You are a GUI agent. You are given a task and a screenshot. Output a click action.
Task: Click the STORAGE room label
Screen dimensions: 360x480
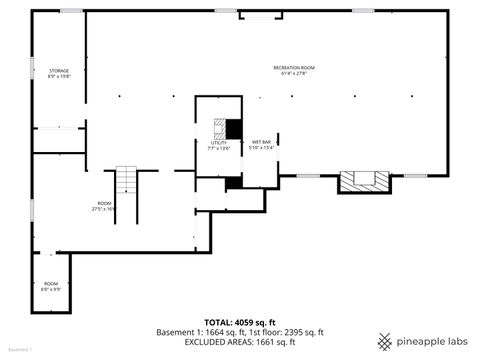click(x=60, y=70)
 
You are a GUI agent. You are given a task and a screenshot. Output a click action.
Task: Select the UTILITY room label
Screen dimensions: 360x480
click(x=219, y=143)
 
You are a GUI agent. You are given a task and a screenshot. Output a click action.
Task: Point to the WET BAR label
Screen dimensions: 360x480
click(x=261, y=142)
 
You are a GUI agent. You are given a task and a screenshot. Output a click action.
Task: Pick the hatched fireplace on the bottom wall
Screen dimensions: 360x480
click(x=361, y=181)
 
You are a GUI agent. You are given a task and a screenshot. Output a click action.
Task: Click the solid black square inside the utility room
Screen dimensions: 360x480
click(x=234, y=129)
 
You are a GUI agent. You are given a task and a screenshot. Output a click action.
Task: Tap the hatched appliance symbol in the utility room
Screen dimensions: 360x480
click(x=218, y=128)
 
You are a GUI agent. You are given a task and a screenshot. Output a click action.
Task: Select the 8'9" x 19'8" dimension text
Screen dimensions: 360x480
click(x=60, y=76)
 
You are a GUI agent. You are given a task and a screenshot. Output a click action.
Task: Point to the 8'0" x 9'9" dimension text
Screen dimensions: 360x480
click(x=51, y=289)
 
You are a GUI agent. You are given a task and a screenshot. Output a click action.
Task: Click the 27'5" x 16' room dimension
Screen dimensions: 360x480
click(x=104, y=208)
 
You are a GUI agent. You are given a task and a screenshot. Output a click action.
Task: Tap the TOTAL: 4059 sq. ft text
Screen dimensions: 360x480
click(x=239, y=322)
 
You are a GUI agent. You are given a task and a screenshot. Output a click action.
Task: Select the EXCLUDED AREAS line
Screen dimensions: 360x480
click(x=239, y=342)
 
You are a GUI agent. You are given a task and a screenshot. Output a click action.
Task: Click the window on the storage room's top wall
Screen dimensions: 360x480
click(x=70, y=11)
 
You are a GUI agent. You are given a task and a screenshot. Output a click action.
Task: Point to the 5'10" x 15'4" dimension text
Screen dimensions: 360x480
click(x=261, y=148)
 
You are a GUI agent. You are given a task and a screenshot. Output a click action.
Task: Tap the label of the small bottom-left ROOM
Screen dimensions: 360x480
click(x=51, y=283)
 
